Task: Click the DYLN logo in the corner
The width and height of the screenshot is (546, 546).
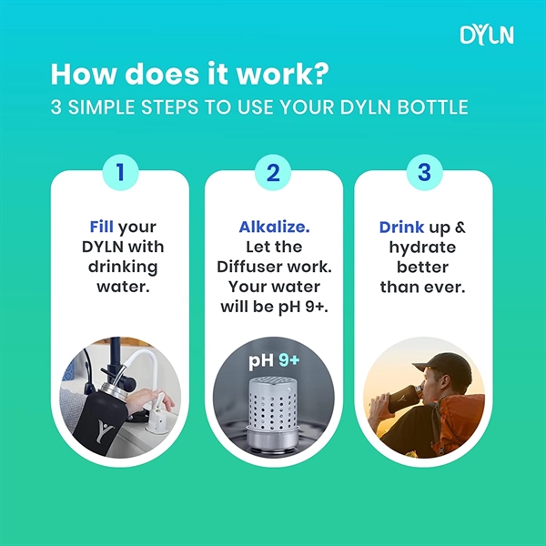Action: tap(487, 35)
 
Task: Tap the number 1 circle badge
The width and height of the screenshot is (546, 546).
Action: tap(124, 171)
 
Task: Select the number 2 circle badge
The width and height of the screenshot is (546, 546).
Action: tap(273, 171)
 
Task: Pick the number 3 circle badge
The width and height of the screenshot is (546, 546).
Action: tap(422, 171)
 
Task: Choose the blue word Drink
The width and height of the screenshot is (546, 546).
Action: tap(401, 227)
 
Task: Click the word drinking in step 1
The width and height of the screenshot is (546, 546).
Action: tap(124, 267)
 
